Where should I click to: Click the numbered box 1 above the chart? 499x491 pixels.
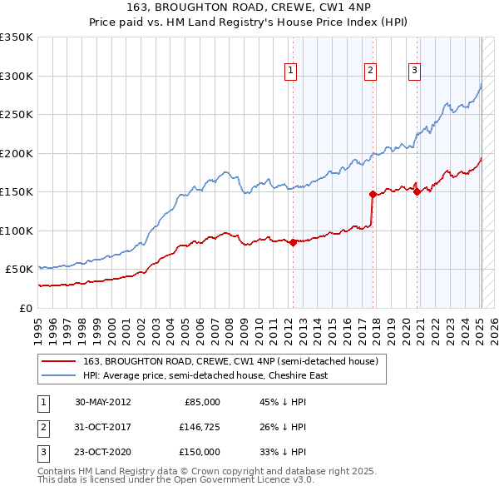pyautogui.click(x=291, y=72)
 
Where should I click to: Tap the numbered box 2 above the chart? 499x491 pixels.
pyautogui.click(x=369, y=72)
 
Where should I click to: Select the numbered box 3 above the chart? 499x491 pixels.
pyautogui.click(x=413, y=72)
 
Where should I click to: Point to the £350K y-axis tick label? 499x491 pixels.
pyautogui.click(x=17, y=37)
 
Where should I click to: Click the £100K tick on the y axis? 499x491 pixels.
pyautogui.click(x=17, y=231)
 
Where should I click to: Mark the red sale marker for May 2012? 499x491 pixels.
pyautogui.click(x=293, y=242)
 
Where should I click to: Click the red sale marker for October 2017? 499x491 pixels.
pyautogui.click(x=373, y=194)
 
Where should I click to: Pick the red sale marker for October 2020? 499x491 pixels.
pyautogui.click(x=417, y=191)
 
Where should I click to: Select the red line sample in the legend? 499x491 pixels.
pyautogui.click(x=60, y=361)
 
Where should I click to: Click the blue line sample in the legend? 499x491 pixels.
pyautogui.click(x=60, y=375)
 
